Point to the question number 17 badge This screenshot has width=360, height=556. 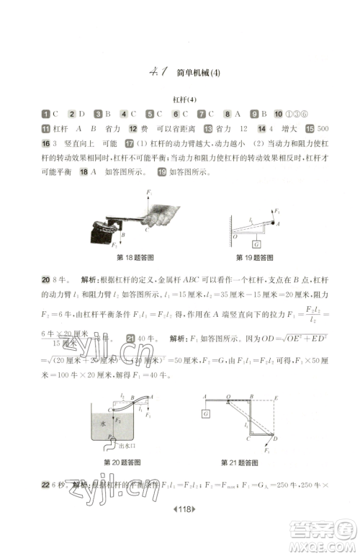click(130, 144)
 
